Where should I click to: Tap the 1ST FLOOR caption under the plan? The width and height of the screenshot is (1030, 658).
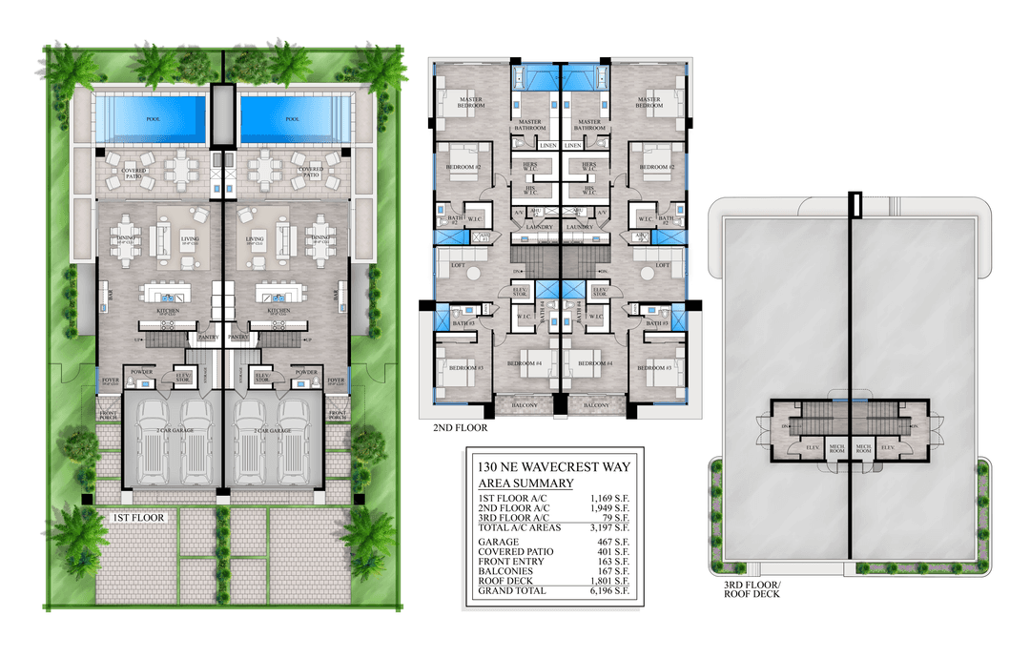pos(138,518)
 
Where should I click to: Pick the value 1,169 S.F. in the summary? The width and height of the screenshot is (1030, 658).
pos(610,499)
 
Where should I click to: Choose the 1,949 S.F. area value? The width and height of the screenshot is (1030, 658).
pos(610,508)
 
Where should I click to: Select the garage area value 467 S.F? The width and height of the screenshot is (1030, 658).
pos(614,542)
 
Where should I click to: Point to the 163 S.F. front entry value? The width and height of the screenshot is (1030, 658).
pos(614,562)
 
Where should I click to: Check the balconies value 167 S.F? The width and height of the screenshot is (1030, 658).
pos(614,571)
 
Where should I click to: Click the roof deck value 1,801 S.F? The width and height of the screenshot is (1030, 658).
pos(610,581)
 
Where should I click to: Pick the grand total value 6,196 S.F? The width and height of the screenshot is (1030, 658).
pos(610,591)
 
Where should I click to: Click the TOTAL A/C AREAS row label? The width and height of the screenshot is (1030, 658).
pos(518,527)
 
